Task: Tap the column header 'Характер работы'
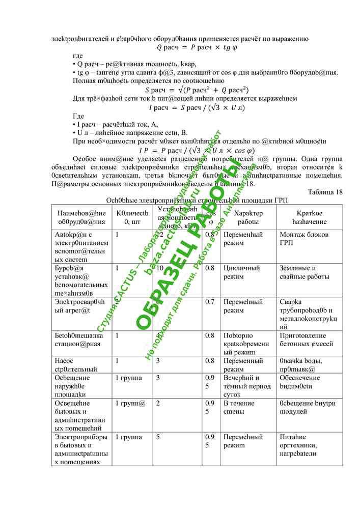(248, 218)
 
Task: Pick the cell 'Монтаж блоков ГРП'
(304, 239)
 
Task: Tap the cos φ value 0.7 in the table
(209, 301)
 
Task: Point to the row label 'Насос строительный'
(76, 364)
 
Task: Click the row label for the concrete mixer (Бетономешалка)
(79, 340)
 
